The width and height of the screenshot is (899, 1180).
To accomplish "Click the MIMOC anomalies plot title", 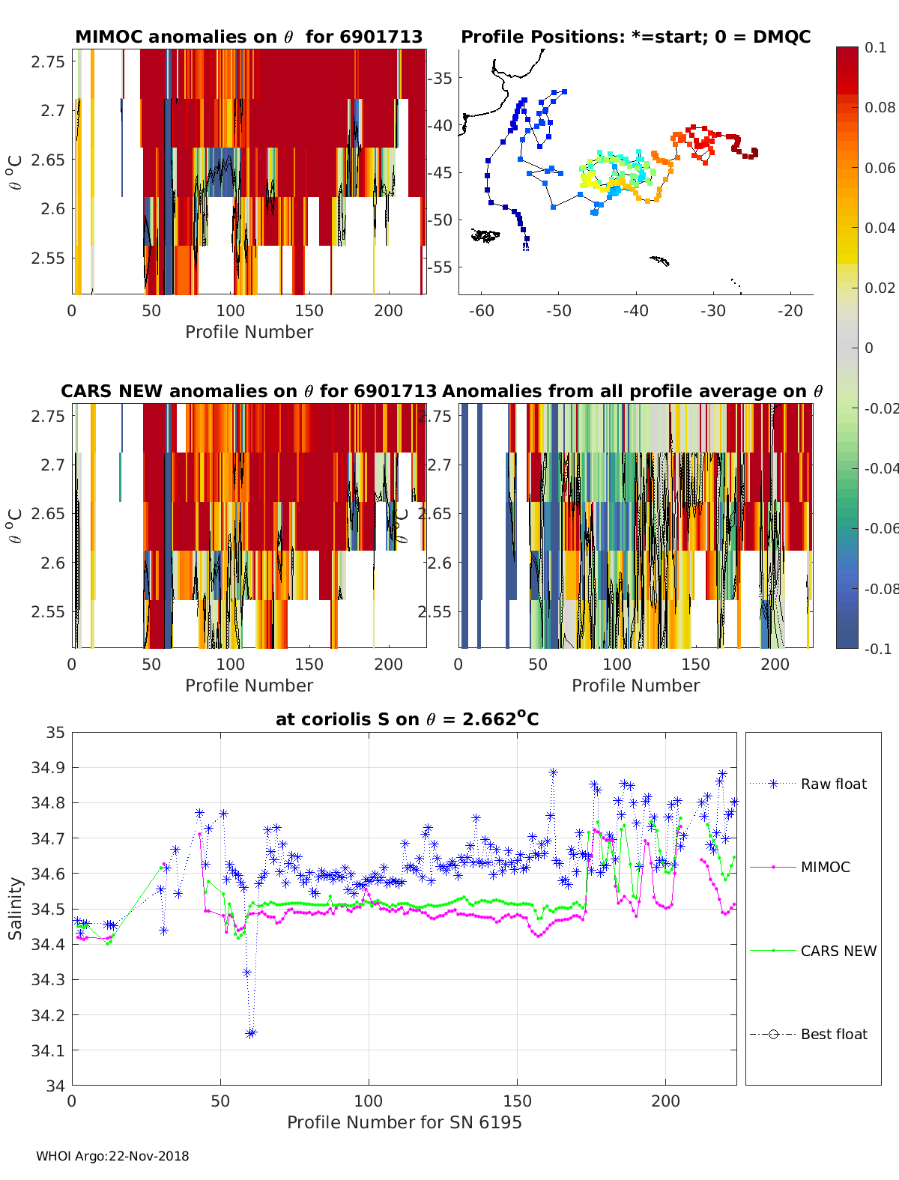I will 249,37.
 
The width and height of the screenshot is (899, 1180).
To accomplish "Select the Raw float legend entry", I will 833,784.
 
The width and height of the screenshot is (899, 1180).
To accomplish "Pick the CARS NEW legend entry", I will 838,951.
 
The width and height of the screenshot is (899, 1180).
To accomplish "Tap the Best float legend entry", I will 833,1034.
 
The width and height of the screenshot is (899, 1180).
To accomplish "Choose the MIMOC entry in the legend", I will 825,867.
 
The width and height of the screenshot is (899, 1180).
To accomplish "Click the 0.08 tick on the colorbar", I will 880,107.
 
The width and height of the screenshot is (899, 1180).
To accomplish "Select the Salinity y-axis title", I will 16,908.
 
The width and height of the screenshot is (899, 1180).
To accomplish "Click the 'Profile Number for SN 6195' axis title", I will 404,1122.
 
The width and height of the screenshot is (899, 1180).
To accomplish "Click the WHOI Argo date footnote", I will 112,1156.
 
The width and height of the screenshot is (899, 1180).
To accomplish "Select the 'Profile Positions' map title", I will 635,37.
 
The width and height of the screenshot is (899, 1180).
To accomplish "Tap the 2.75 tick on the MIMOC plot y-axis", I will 48,61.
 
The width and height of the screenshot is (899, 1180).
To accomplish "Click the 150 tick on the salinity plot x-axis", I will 517,1101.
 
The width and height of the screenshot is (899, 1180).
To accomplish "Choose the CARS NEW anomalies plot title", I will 249,391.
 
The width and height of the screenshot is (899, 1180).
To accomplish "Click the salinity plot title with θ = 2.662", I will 407,719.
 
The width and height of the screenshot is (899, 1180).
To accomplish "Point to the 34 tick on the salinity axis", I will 56,1086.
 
